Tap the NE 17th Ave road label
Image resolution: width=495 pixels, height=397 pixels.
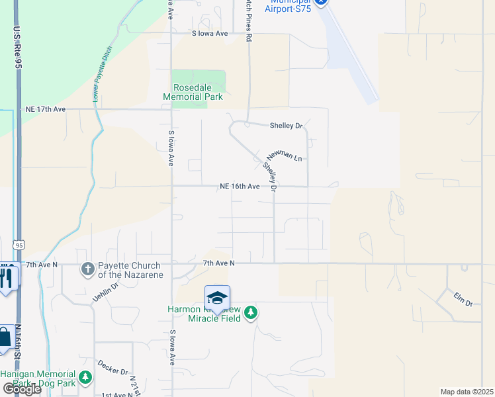click(x=46, y=109)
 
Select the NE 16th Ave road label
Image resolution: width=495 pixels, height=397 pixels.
click(x=240, y=187)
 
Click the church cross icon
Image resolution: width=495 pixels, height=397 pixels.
click(x=87, y=269)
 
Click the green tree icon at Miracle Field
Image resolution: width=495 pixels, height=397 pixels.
click(x=251, y=312)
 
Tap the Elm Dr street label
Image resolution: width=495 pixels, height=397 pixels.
click(x=463, y=298)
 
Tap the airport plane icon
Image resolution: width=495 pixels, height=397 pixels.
click(x=321, y=3)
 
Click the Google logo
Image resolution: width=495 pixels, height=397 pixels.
click(x=21, y=388)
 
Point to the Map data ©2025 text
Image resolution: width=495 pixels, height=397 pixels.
click(x=467, y=392)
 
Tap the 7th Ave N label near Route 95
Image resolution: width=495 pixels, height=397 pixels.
click(x=42, y=264)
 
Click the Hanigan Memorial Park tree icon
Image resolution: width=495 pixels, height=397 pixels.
click(x=85, y=378)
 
